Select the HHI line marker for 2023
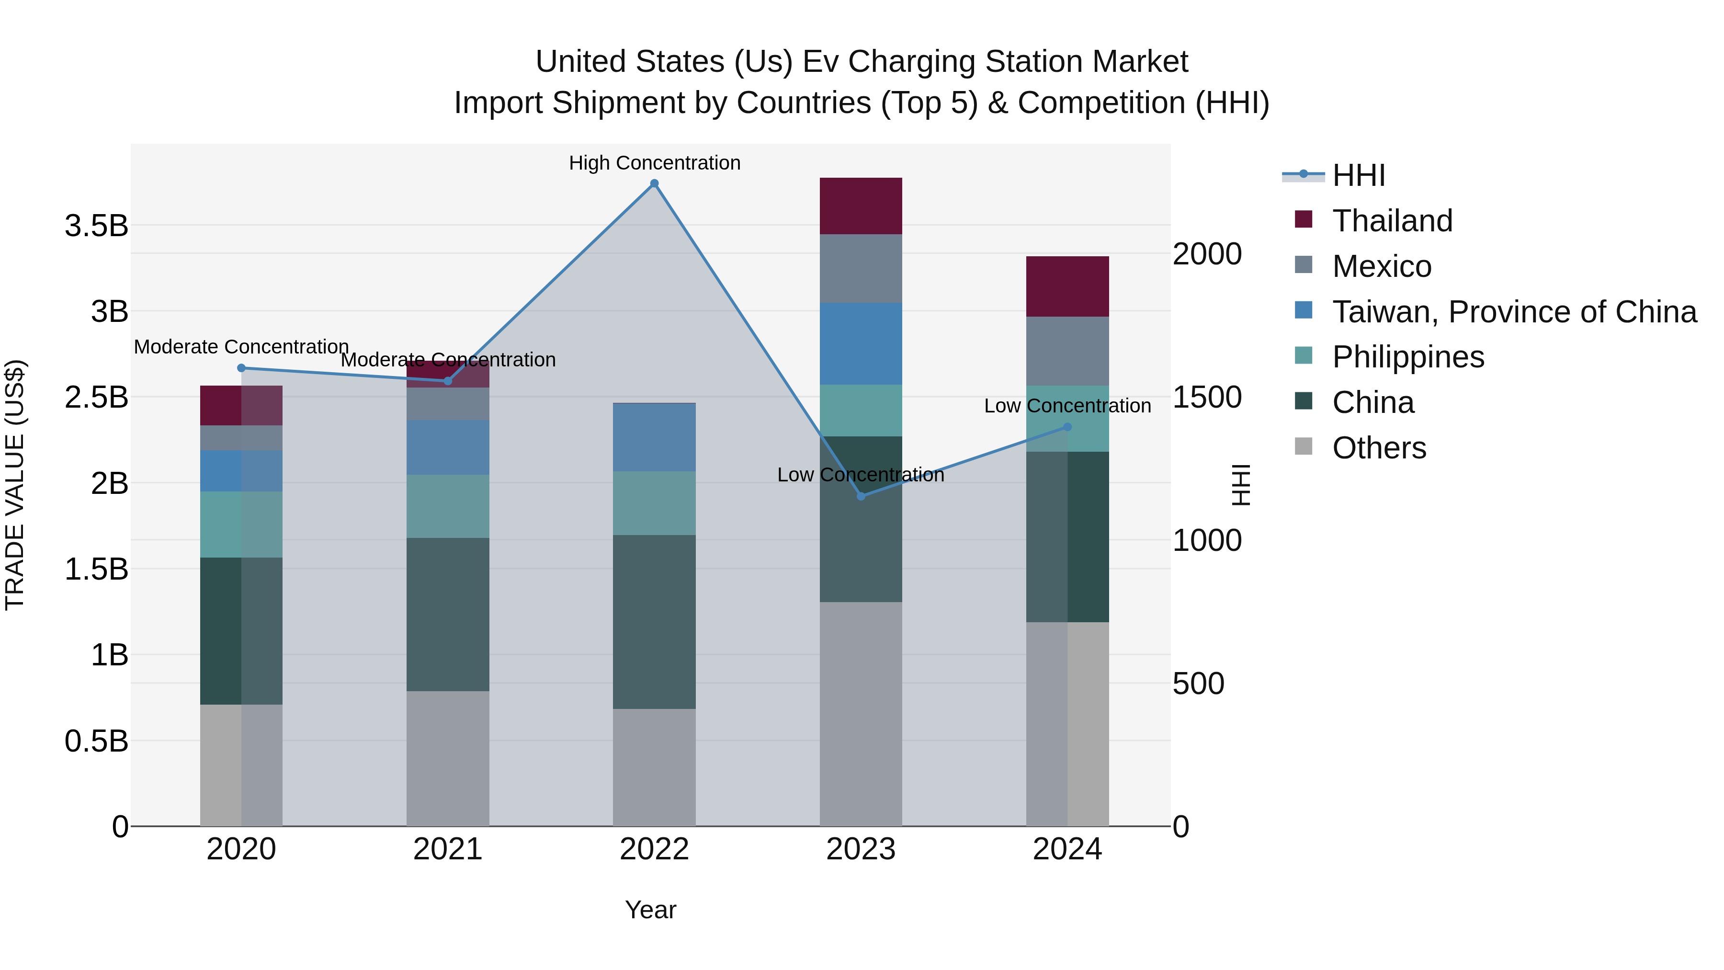[861, 496]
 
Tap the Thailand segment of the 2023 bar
[861, 205]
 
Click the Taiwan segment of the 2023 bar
[861, 343]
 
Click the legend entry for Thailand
[1392, 221]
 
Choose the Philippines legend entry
[1407, 357]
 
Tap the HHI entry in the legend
[1358, 175]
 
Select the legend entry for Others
[1379, 448]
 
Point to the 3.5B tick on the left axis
[96, 226]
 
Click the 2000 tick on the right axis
[1207, 254]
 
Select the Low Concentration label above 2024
[1067, 406]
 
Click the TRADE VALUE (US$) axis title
[15, 485]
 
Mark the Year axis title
[650, 910]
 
